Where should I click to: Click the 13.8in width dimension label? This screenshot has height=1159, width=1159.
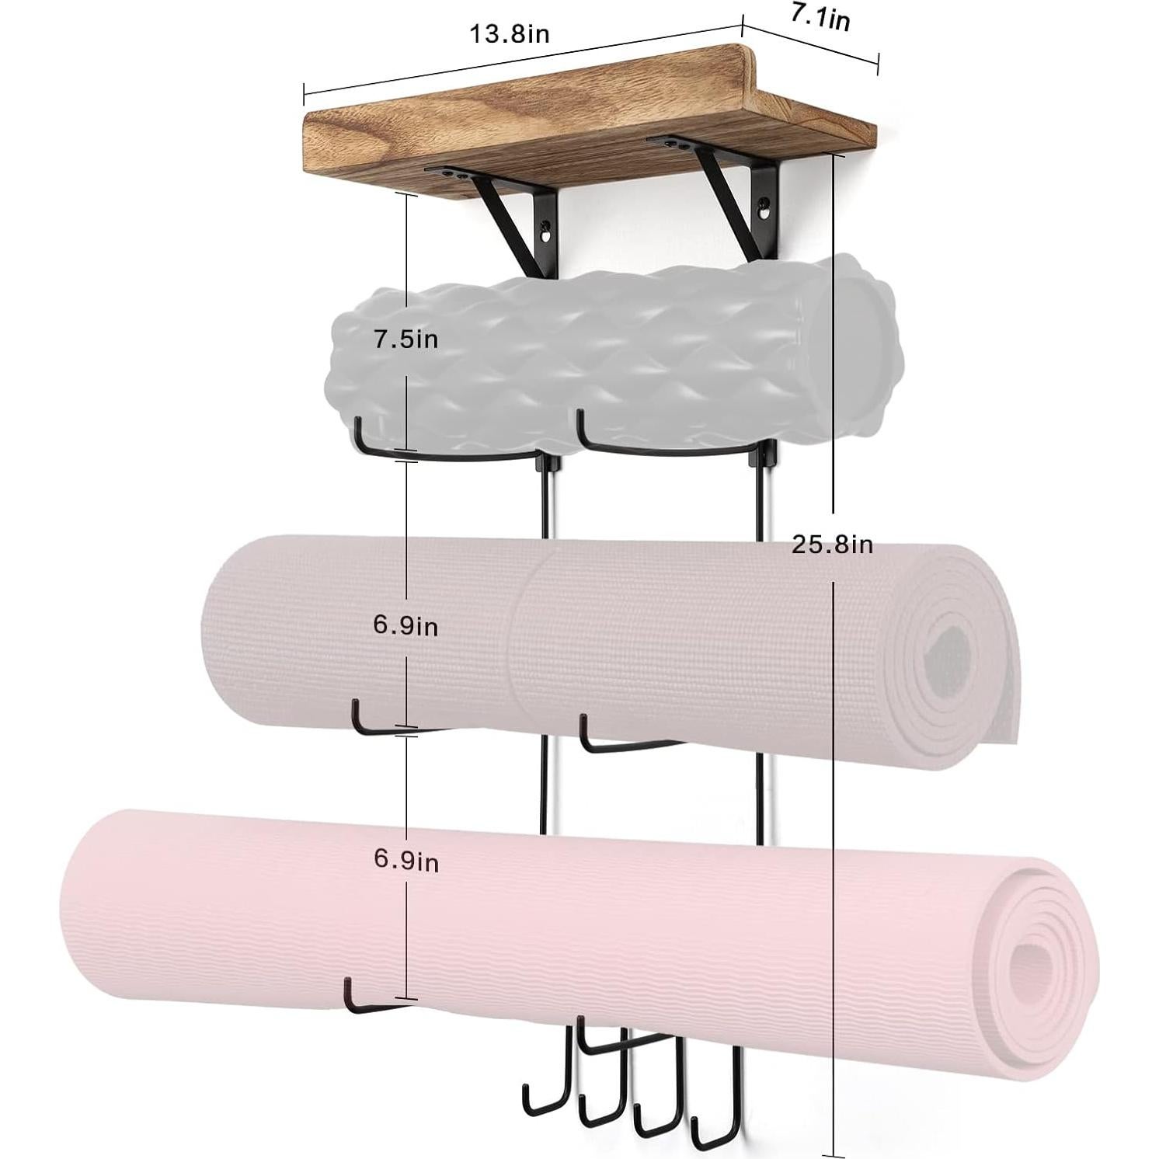[509, 34]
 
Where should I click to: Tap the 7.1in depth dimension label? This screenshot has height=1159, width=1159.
[820, 16]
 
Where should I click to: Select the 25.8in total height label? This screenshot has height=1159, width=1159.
[832, 544]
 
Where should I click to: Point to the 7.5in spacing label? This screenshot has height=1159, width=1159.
[405, 339]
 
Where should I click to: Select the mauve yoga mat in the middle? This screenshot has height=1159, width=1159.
[544, 637]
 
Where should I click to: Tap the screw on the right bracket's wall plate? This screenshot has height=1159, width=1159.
[765, 207]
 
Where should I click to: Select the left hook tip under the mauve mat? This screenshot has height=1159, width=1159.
[354, 707]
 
